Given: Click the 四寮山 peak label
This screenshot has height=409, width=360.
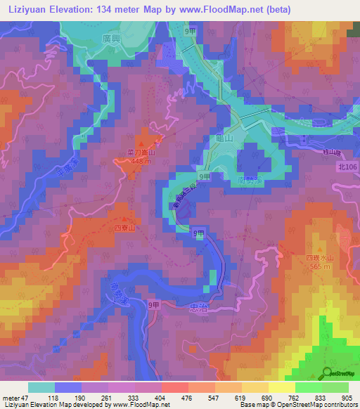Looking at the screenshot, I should [x=123, y=228].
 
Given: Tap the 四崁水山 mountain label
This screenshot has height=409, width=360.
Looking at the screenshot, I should [x=319, y=257].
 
